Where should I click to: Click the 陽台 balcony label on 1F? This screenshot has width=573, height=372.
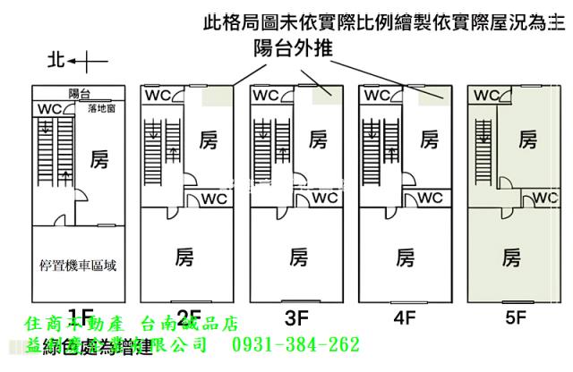coord(79,92)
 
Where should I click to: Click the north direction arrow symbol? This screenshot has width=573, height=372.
coord(79,62)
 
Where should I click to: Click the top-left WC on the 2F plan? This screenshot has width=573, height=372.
coord(159,94)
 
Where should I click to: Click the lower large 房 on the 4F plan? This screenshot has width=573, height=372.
coord(405,258)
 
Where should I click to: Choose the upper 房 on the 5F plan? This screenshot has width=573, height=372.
coord(528,139)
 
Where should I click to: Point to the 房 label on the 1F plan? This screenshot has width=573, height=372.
coord(99,160)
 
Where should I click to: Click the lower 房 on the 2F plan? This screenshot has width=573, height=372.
coord(187,258)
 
